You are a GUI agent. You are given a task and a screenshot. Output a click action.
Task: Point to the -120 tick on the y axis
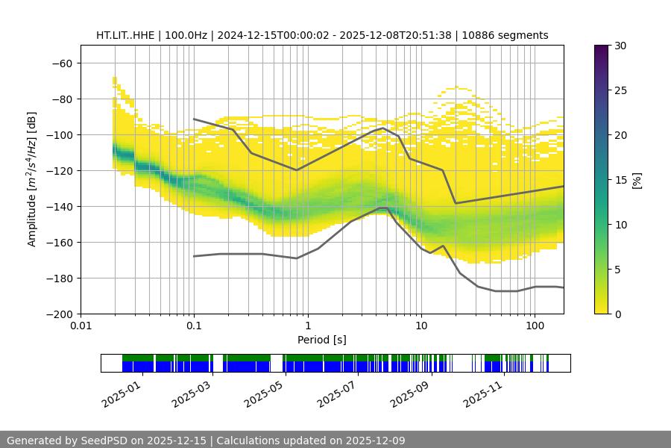click(60, 171)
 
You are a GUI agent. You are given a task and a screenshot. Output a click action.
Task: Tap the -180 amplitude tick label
click(60, 279)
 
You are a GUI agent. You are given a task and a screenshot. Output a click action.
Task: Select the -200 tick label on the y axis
click(60, 314)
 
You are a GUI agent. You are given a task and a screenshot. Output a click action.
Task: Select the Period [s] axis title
click(322, 340)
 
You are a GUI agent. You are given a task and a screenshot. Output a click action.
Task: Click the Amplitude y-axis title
click(32, 180)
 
